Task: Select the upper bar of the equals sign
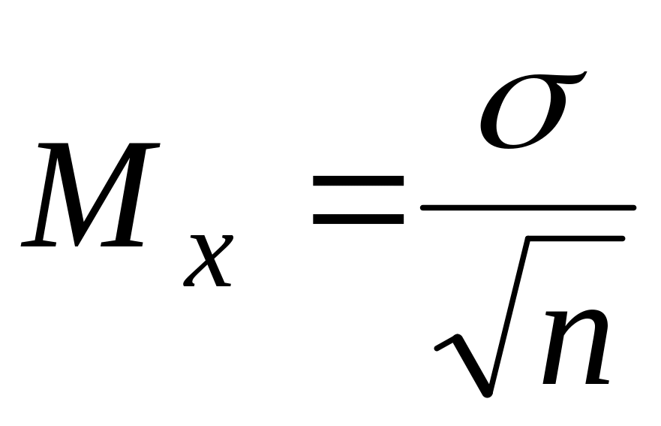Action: click(x=359, y=182)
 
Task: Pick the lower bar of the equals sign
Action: click(x=359, y=219)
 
